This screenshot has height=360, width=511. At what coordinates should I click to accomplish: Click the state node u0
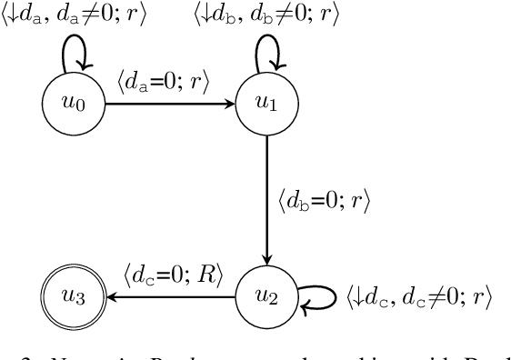[72, 105]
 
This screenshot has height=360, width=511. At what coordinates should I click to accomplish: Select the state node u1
[266, 105]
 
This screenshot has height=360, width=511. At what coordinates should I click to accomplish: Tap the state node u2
[266, 296]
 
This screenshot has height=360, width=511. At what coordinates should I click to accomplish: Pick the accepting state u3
[72, 296]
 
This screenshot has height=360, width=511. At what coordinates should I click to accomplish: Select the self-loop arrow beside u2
[318, 297]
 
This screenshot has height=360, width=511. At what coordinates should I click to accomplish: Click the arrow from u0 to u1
[168, 105]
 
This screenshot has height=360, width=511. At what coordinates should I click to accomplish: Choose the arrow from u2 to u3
[168, 296]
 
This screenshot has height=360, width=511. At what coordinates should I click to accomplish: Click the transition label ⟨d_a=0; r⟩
[164, 83]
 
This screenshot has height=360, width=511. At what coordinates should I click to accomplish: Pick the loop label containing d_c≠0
[419, 296]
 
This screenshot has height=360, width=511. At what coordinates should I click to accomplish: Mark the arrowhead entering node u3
[111, 296]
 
